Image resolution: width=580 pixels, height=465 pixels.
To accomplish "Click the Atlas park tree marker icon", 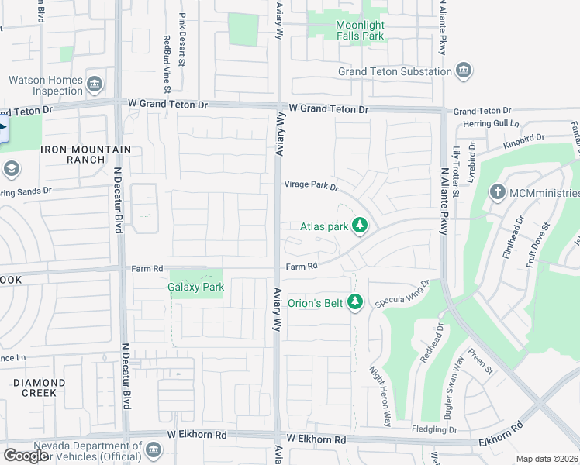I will pos(359,226).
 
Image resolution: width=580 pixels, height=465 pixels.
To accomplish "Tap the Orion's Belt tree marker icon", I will pos(355,301).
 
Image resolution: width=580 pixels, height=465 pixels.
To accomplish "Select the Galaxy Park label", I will pos(195,287).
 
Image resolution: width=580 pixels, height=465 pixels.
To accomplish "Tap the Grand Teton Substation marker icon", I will pos(464,71).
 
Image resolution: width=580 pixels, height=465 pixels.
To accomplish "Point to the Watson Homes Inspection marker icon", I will pos(95,84).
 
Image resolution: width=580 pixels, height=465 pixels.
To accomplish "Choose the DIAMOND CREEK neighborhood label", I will pos(39,387).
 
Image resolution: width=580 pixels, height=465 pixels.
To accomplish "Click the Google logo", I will pos(26,456).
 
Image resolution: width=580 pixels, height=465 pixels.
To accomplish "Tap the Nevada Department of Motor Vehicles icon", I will pos(154,450).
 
